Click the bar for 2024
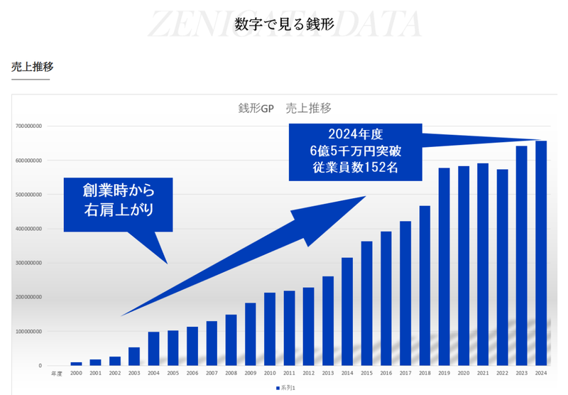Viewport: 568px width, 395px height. [x=541, y=253]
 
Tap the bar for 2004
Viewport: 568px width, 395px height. [x=153, y=348]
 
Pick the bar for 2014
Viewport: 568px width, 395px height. [x=347, y=311]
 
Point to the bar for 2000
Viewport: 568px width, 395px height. [x=76, y=363]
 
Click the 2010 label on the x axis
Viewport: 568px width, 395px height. [x=270, y=372]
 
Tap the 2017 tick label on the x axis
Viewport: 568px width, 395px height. [x=405, y=372]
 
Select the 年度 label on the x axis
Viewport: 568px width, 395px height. [x=56, y=372]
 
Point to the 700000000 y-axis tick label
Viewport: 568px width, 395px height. [x=29, y=126]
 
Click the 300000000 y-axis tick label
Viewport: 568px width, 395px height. [x=29, y=263]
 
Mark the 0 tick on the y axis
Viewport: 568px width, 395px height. [x=40, y=365]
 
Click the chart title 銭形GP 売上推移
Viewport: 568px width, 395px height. [x=285, y=109]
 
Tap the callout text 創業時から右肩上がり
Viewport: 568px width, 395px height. [x=118, y=200]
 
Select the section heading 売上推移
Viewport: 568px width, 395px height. [x=32, y=67]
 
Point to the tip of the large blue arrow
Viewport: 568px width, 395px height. [x=365, y=193]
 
